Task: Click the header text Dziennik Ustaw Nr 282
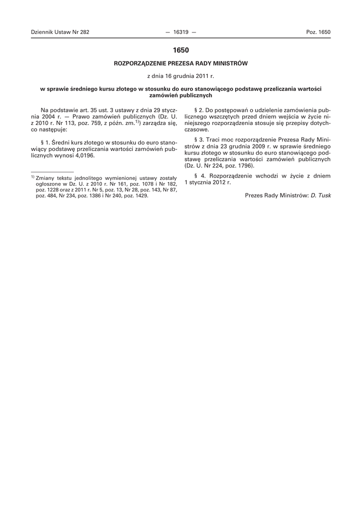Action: (60, 32)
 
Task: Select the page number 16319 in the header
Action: (180, 32)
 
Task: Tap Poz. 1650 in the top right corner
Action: (318, 32)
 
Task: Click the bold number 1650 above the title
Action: (181, 50)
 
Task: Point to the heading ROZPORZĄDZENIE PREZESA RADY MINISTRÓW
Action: (181, 63)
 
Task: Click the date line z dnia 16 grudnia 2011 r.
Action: (181, 76)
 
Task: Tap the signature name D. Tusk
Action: (321, 195)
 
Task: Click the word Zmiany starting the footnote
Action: (43, 178)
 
